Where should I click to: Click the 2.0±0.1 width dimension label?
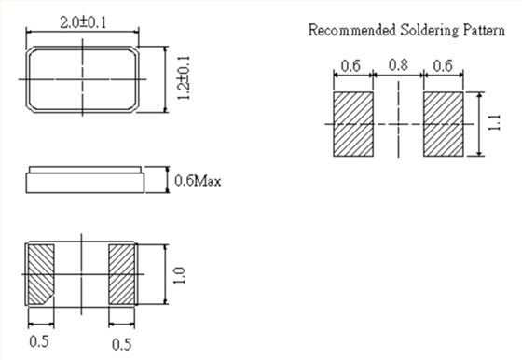coord(83,22)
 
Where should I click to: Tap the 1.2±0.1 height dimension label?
coord(184,78)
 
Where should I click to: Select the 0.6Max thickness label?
coord(198,181)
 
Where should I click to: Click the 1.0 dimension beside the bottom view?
coord(179,275)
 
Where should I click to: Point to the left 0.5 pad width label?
coord(39,341)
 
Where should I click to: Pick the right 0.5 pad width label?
coord(121,344)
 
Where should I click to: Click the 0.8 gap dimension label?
coord(398,64)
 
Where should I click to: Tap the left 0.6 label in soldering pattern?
coord(350,66)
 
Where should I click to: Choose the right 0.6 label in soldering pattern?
coord(443,66)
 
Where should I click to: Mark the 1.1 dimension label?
coord(494,122)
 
